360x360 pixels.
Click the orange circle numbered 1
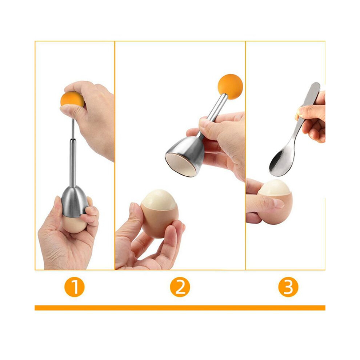click(x=75, y=287)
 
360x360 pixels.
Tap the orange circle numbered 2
click(x=180, y=287)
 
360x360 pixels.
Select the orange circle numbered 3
click(x=288, y=287)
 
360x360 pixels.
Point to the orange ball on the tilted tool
click(x=230, y=87)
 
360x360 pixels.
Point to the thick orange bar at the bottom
click(x=180, y=308)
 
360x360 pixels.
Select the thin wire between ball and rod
click(x=73, y=129)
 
